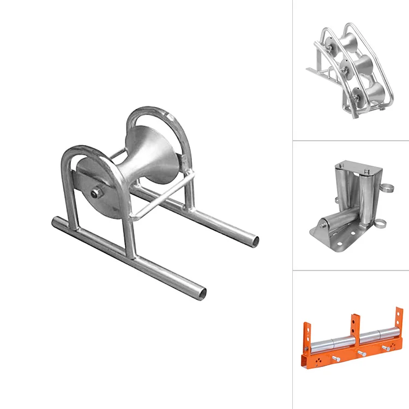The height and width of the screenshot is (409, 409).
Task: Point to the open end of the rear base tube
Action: pos(254,240)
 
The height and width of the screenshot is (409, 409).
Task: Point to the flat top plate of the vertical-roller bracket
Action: pos(355,166)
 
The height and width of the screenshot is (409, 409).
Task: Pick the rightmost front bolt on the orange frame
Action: pos(387,348)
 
